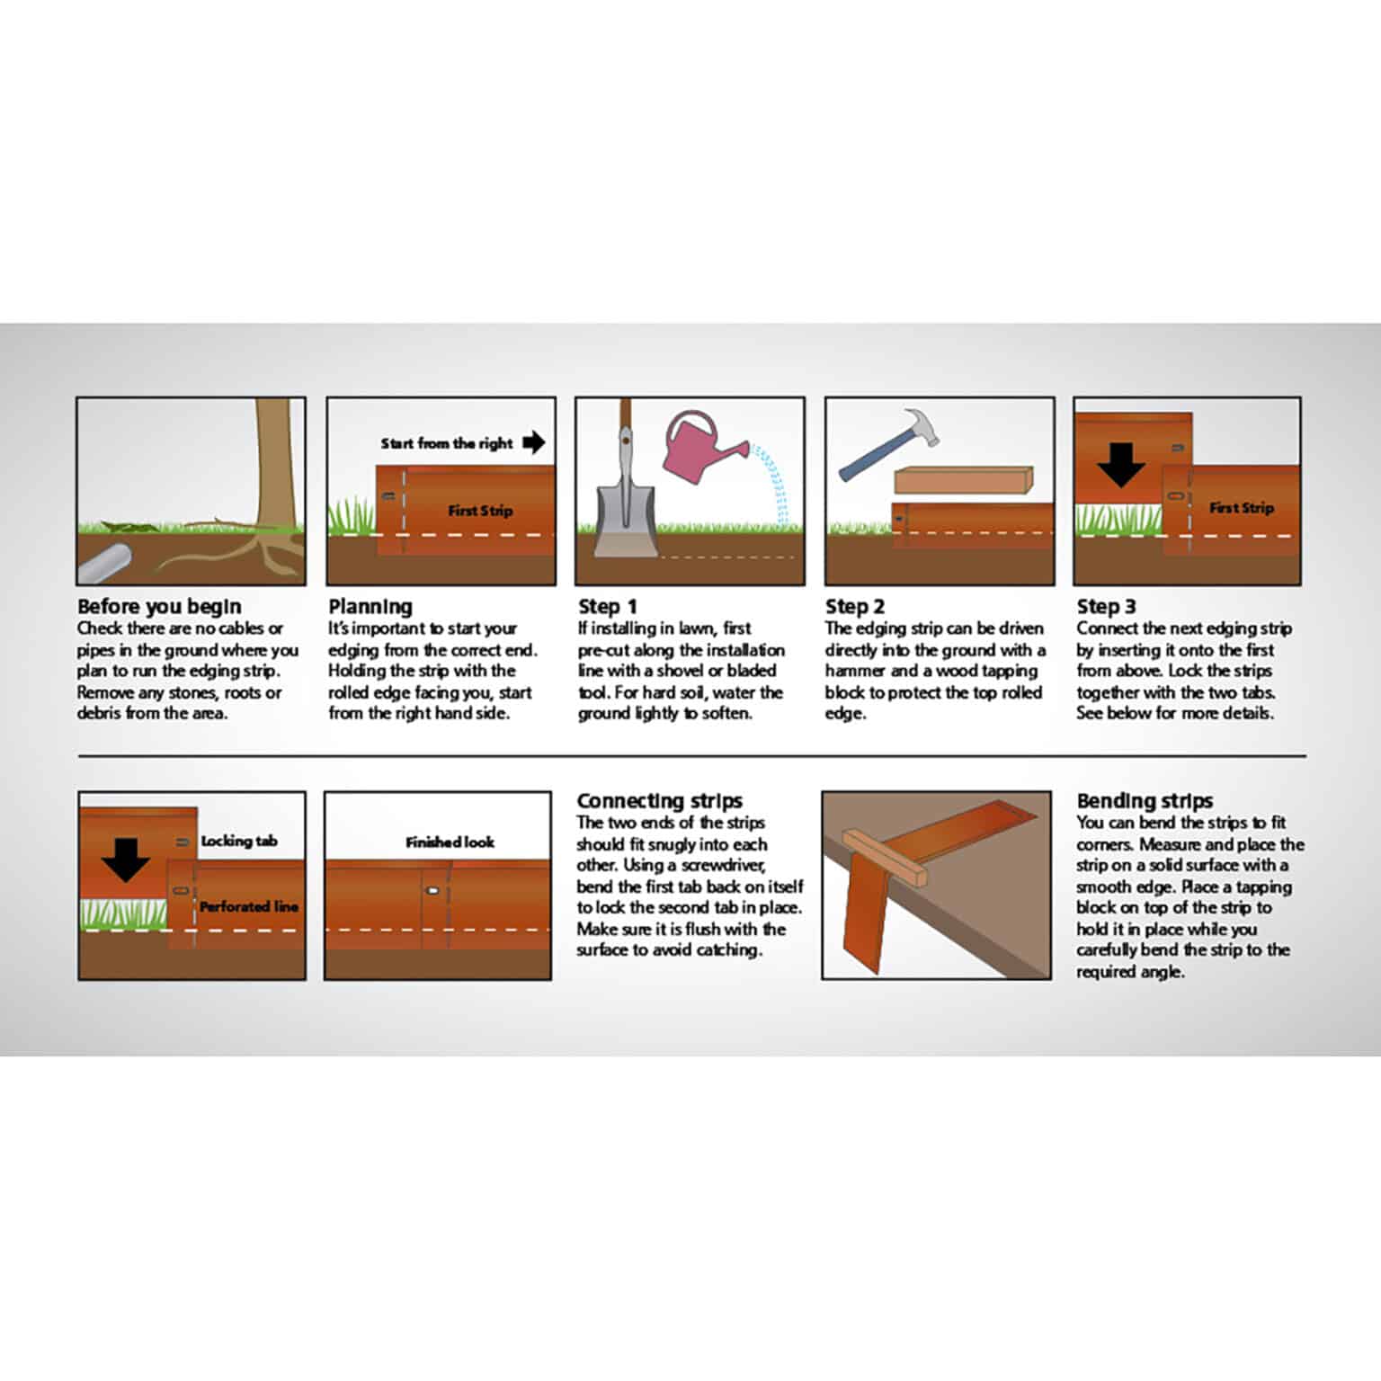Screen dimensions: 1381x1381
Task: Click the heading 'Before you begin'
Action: tap(159, 607)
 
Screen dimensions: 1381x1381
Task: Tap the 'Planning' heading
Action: tap(370, 607)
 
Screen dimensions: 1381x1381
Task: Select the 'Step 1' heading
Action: tap(608, 607)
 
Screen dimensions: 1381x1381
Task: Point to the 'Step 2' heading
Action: tap(854, 607)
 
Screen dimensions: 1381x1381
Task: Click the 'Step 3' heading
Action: tap(1106, 607)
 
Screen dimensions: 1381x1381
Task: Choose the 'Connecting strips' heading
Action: tap(659, 801)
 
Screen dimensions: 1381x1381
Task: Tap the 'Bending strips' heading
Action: tap(1144, 801)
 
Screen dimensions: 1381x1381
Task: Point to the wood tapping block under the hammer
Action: tap(963, 480)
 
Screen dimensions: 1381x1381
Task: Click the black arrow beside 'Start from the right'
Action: tap(534, 442)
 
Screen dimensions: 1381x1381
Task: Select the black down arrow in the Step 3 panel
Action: tap(1120, 466)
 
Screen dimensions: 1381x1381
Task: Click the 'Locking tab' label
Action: tap(238, 842)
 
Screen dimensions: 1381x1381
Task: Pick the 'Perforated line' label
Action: tap(248, 906)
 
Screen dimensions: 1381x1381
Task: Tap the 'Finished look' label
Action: tap(450, 842)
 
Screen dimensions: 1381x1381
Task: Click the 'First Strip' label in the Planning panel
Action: tap(480, 511)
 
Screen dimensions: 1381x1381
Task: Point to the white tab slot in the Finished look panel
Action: tap(432, 891)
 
